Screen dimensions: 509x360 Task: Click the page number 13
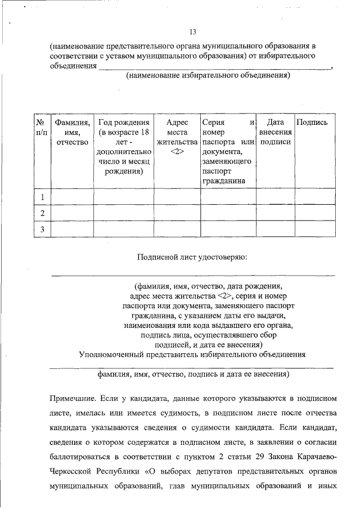point(192,31)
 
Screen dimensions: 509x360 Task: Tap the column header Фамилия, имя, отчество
point(72,132)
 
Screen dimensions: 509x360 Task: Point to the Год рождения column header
point(124,146)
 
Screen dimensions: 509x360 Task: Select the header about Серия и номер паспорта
point(228,151)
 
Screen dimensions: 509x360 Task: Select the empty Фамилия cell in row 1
point(72,197)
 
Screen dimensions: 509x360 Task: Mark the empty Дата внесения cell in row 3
point(276,229)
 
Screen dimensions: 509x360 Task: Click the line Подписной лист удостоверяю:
point(192,257)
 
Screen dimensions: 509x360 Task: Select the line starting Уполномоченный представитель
point(192,354)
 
